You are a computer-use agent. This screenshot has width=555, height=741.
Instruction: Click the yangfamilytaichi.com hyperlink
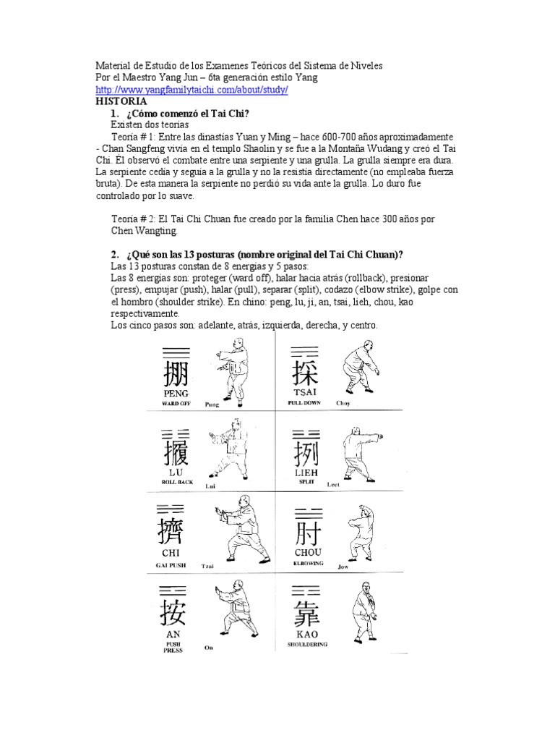(x=192, y=90)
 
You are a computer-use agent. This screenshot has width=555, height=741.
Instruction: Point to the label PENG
(x=176, y=393)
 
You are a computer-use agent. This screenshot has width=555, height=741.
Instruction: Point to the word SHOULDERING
(x=307, y=643)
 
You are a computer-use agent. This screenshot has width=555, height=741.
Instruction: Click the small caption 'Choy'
(x=343, y=403)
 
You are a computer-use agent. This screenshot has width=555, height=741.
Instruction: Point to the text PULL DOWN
(x=304, y=402)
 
